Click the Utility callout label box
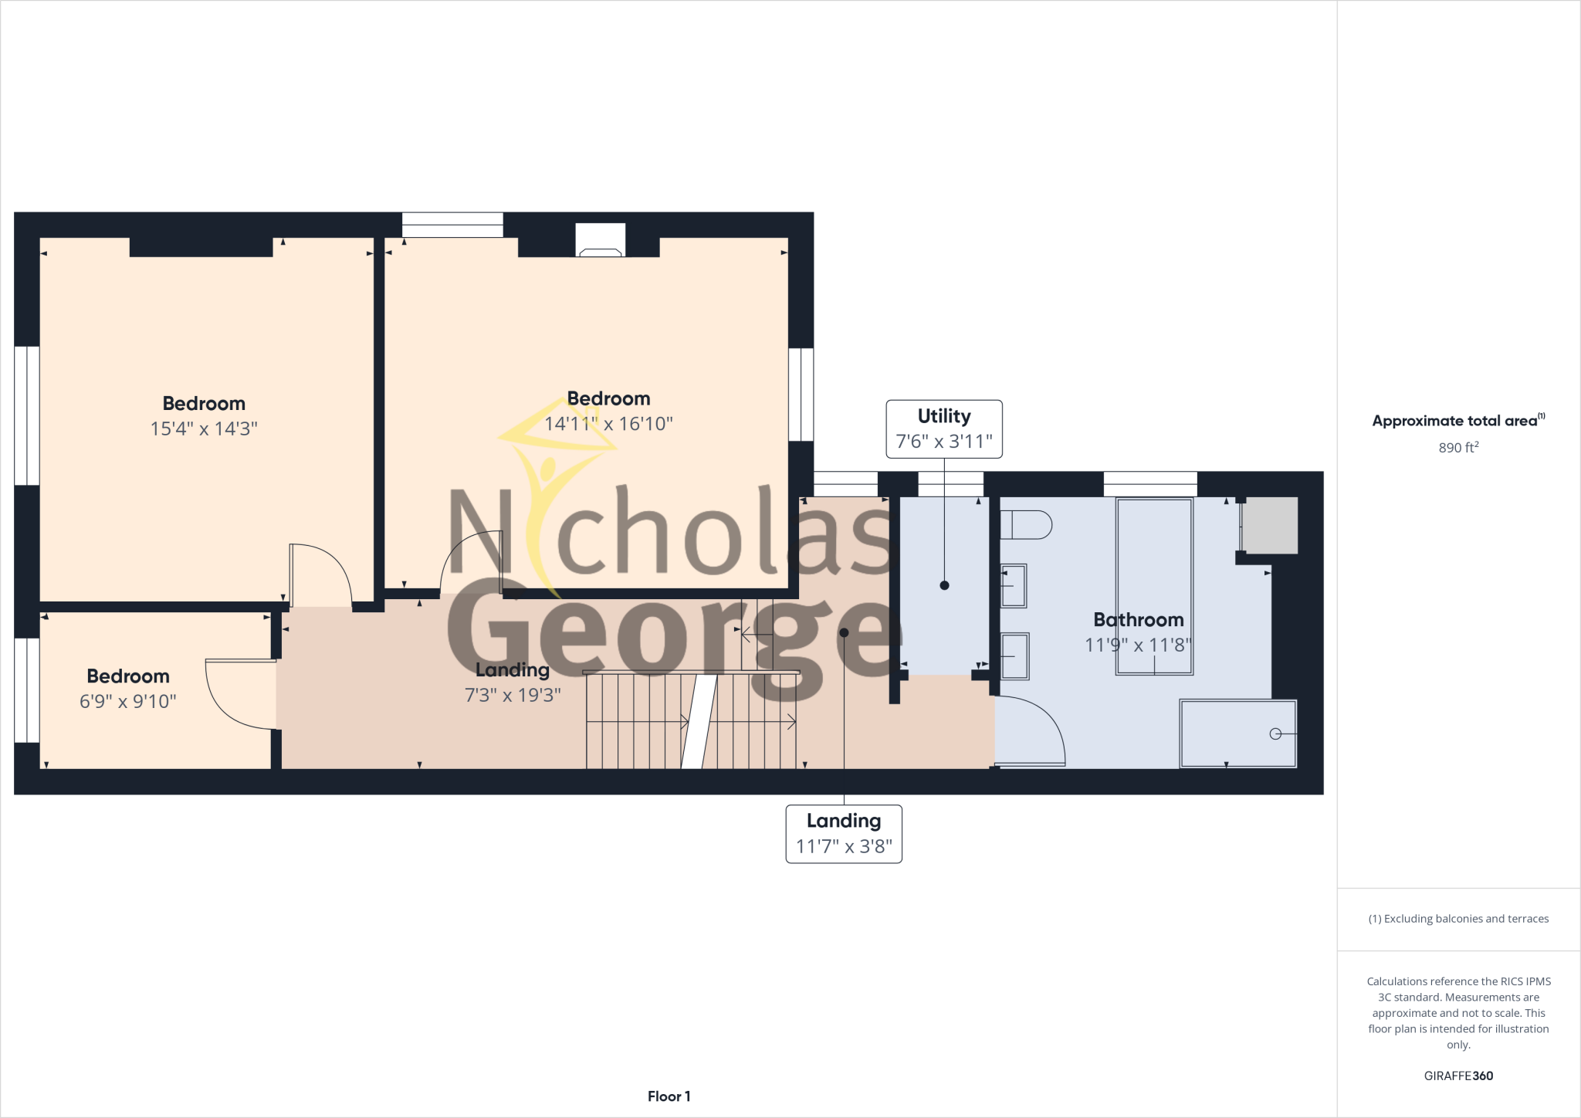(x=943, y=429)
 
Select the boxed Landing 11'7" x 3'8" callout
(x=844, y=834)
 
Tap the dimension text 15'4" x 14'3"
(x=204, y=429)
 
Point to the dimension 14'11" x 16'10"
(x=608, y=424)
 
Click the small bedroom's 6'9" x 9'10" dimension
(x=128, y=701)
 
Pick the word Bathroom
(x=1138, y=619)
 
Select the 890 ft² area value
(x=1458, y=448)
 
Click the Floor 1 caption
(x=669, y=1096)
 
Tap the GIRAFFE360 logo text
(x=1458, y=1076)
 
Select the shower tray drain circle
(x=1275, y=733)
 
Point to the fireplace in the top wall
(x=601, y=240)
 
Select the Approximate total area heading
(x=1458, y=421)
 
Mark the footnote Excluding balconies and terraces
(x=1458, y=919)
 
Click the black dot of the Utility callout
(x=944, y=585)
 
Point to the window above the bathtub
(x=1150, y=484)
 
